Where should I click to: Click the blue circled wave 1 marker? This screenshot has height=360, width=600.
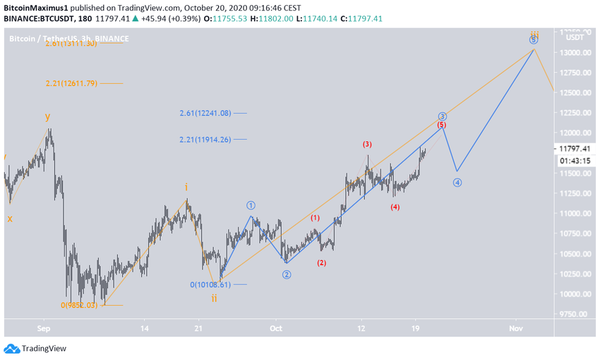click(251, 205)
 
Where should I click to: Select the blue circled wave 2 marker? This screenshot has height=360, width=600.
click(287, 275)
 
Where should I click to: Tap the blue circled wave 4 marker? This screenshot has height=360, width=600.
click(457, 182)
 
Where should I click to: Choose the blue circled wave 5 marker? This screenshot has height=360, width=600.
click(534, 40)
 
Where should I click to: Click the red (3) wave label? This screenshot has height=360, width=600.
click(367, 144)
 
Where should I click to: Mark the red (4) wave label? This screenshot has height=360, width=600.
click(395, 207)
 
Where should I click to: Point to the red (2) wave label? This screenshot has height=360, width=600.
click(321, 263)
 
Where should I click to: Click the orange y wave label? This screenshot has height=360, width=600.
click(47, 116)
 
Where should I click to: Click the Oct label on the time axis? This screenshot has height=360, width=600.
click(275, 328)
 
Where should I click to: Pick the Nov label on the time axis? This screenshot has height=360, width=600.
click(515, 328)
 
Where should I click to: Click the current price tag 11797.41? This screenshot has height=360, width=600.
click(575, 148)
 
